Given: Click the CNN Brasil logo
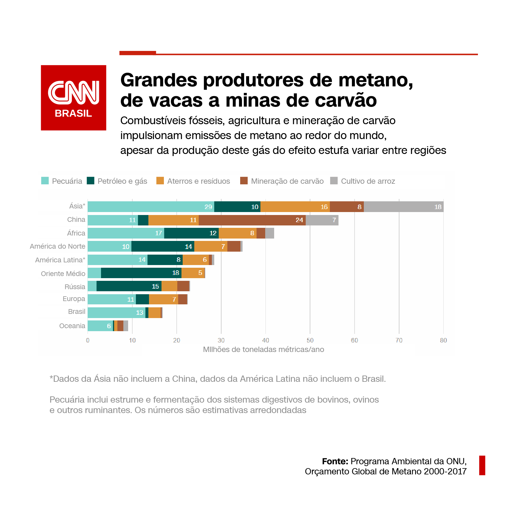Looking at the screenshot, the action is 74,98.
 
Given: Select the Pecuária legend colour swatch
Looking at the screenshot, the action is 45,181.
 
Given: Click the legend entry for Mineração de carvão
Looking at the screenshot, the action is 282,181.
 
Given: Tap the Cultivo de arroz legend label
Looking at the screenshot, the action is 368,181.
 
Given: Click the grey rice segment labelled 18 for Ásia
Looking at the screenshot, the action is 404,207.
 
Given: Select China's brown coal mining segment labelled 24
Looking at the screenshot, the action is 252,220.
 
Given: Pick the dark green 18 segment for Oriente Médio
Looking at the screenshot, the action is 141,273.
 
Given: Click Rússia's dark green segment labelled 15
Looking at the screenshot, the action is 129,286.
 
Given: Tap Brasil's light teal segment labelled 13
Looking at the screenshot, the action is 117,313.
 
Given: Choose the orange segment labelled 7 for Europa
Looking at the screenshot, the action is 164,299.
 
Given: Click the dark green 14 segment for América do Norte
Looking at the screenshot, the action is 163,246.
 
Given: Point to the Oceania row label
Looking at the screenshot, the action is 72,326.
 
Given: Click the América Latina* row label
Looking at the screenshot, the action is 60,260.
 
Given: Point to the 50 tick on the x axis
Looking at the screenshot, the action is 310,340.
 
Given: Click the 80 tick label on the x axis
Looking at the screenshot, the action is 443,340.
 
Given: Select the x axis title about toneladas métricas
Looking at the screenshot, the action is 263,349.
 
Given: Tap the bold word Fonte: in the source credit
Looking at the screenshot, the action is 335,461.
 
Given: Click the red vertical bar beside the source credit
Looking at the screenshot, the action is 482,465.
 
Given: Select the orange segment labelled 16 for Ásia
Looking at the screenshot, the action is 295,207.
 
